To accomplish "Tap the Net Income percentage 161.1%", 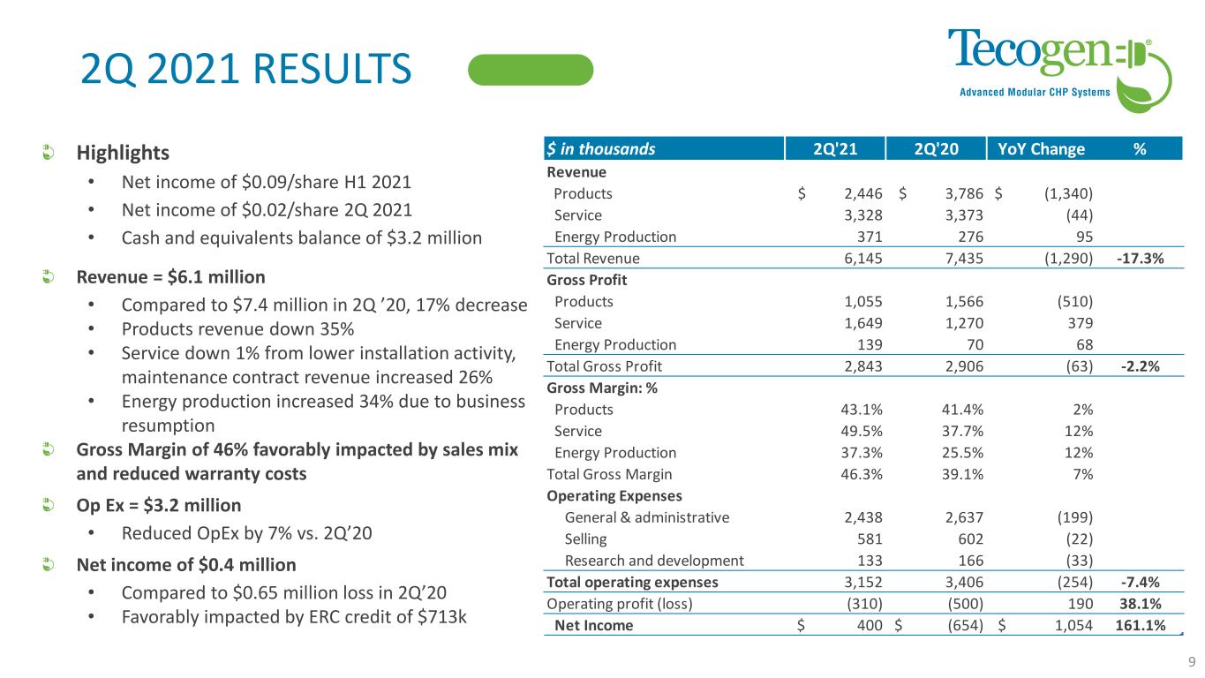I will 1139,626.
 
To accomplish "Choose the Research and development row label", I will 653,560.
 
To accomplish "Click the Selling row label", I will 585,539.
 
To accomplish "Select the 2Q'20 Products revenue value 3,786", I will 961,194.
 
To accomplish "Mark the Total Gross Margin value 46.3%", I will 862,474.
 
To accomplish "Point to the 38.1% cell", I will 1141,604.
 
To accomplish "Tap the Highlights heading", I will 122,153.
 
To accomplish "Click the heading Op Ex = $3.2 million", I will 157,507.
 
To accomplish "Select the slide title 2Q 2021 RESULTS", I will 245,70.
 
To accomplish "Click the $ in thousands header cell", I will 601,149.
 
